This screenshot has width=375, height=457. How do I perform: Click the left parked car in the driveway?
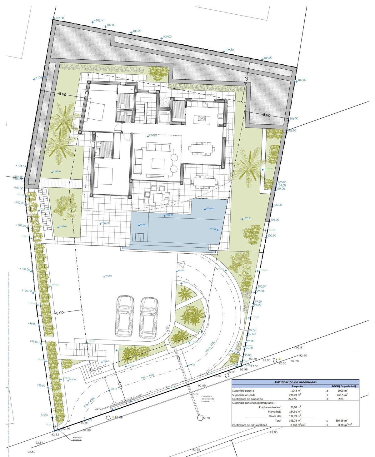click(125, 316)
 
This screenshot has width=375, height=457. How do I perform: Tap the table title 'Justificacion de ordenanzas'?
click(295, 382)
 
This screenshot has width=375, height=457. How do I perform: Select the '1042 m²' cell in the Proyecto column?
click(295, 390)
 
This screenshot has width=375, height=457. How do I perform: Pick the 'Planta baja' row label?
click(275, 412)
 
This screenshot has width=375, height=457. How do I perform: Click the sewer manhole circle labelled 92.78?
click(199, 417)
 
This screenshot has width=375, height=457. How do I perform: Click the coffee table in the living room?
click(158, 163)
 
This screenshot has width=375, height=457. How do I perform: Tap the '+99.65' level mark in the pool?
click(143, 225)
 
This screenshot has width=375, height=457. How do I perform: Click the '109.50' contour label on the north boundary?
click(229, 50)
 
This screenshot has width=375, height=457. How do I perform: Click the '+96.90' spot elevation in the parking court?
click(108, 276)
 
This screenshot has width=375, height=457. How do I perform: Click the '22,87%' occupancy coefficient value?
click(293, 399)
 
